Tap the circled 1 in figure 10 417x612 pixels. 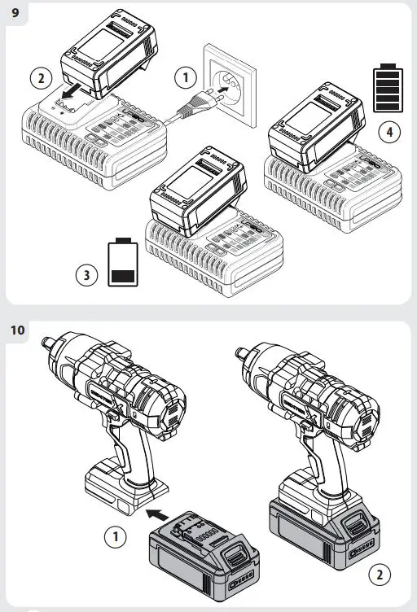[x=116, y=536]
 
